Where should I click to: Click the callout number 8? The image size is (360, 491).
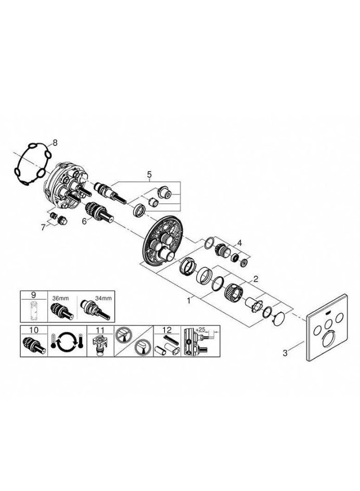[55, 143]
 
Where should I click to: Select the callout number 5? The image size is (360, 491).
[149, 174]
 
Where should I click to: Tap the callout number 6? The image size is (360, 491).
[84, 221]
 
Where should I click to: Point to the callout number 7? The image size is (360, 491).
[43, 227]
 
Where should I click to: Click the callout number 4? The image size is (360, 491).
[239, 242]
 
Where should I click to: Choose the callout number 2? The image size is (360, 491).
[256, 278]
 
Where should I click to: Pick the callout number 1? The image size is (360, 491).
[189, 301]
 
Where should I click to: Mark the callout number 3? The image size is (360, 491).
[285, 353]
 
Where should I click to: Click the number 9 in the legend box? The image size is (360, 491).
[33, 295]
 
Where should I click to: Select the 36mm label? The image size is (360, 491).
[59, 299]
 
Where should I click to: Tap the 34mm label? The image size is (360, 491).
[104, 299]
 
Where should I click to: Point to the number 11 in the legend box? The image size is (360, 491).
[100, 330]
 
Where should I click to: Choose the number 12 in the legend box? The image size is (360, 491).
[168, 330]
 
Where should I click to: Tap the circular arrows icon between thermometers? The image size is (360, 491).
[67, 341]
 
